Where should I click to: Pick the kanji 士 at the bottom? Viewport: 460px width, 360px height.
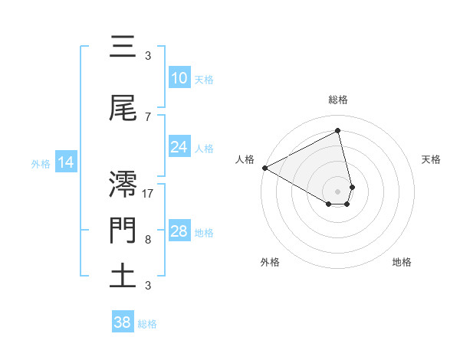[x=123, y=276]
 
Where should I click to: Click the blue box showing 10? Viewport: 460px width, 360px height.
[x=179, y=78]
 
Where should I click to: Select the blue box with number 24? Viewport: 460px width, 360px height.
[x=179, y=147]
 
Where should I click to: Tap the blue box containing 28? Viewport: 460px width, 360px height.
[x=179, y=231]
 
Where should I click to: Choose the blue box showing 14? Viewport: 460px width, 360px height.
[x=66, y=162]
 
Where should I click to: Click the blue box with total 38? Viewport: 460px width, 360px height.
[x=123, y=322]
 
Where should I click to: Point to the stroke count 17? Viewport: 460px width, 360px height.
[x=149, y=193]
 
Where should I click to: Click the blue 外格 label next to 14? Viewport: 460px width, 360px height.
[x=41, y=163]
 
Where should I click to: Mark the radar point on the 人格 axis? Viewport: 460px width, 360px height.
[x=264, y=168]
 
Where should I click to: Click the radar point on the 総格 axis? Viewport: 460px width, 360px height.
[x=338, y=130]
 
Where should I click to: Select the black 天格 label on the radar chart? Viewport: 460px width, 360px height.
[x=432, y=159]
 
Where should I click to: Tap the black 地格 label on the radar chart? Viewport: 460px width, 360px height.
[x=402, y=262]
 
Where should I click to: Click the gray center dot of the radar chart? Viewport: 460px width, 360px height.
[x=338, y=190]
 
